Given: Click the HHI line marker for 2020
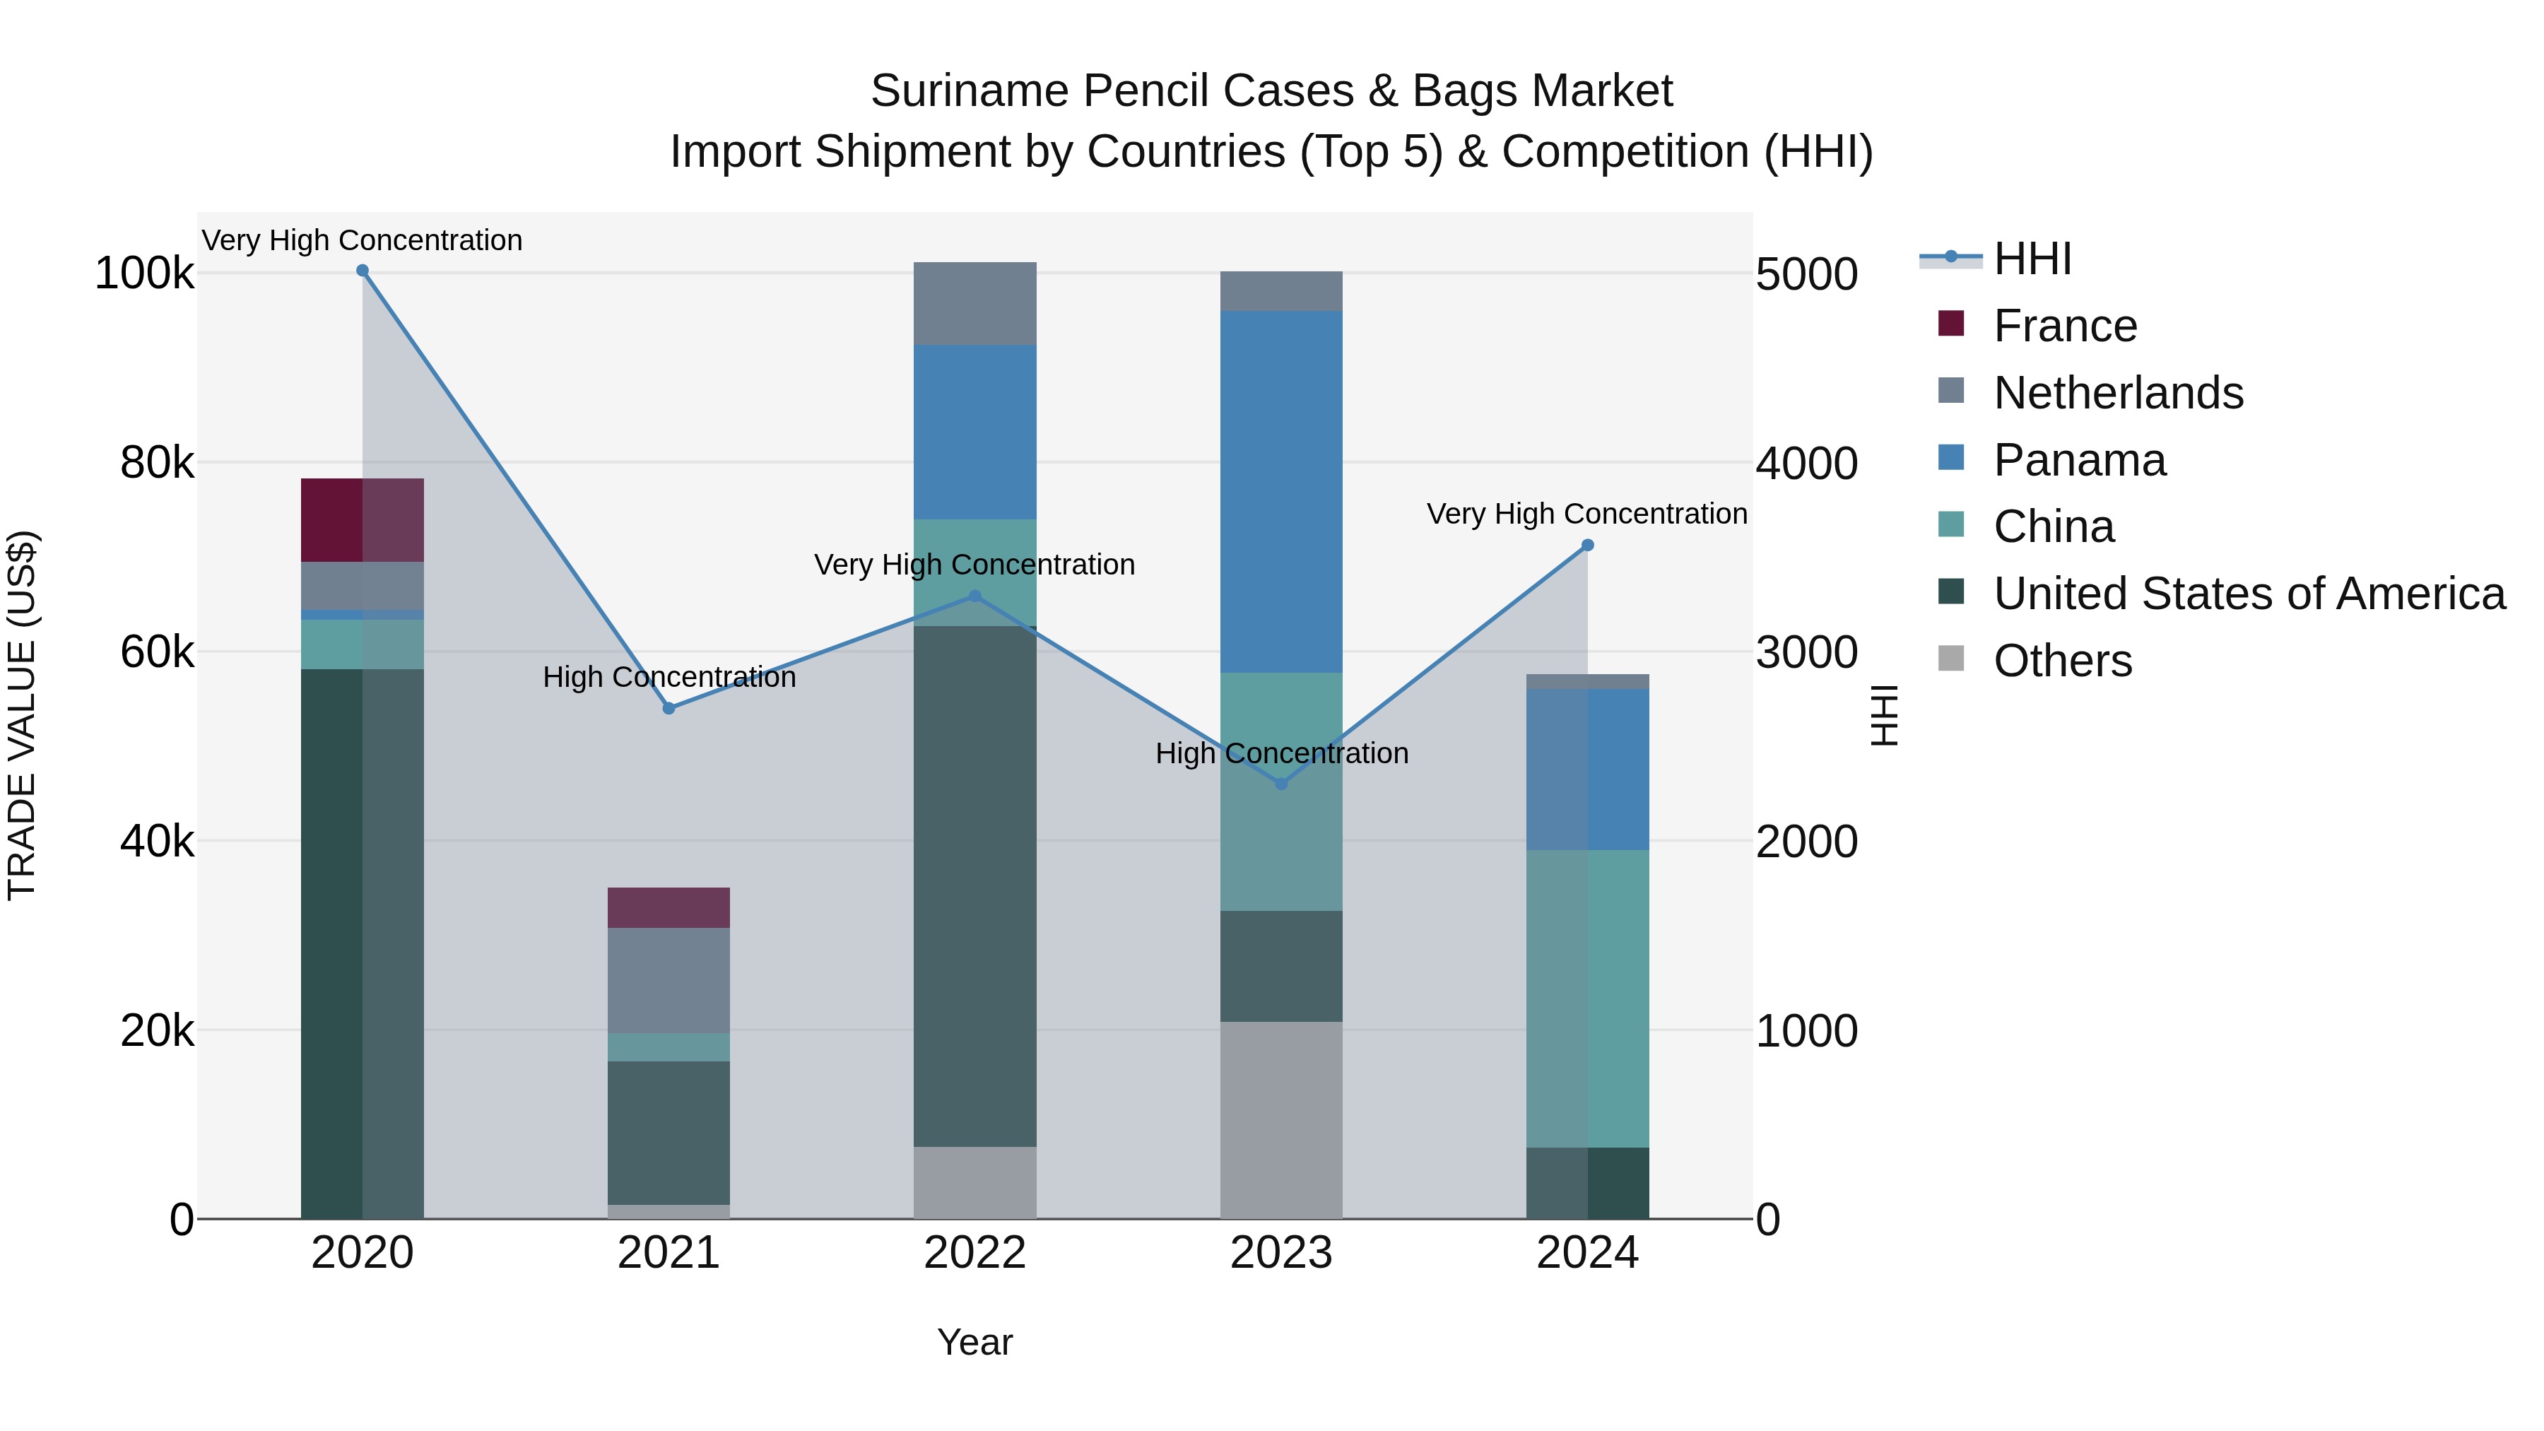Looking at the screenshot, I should pos(363,271).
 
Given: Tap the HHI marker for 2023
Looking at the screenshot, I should pos(1282,784).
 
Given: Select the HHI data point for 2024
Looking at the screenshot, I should pos(1588,545).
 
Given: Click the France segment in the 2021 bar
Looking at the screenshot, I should pos(669,907).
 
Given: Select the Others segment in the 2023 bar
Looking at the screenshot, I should pos(1282,1120).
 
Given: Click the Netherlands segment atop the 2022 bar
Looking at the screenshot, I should pos(974,303).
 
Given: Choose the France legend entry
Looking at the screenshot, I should pos(2064,326).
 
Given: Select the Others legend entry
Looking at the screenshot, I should pos(2062,661).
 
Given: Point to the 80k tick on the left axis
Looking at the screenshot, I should pos(157,463).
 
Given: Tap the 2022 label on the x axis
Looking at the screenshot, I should pos(974,1253).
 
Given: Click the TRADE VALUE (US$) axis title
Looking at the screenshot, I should pos(22,715).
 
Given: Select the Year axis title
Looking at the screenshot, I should pos(974,1342).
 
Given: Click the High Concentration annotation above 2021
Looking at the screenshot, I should pos(669,678).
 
